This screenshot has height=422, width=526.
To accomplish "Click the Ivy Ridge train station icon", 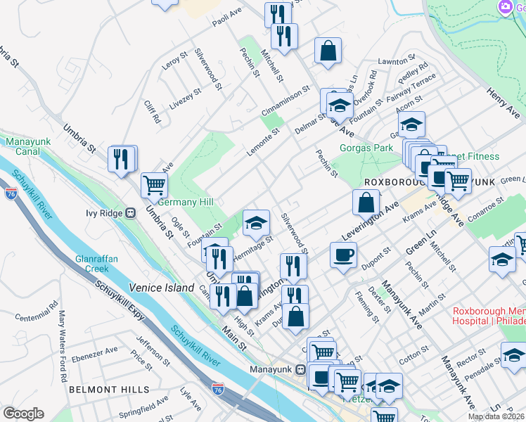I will click(x=130, y=212).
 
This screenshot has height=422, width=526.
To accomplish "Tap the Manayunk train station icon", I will click(x=300, y=369).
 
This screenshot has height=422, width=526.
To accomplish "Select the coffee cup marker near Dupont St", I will click(x=343, y=255).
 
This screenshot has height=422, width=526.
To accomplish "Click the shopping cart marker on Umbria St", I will click(x=155, y=185).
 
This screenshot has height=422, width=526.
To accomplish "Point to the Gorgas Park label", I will click(x=366, y=148).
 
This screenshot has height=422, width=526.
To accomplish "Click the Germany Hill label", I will click(x=185, y=202).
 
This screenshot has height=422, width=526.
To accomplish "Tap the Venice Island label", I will click(x=161, y=288).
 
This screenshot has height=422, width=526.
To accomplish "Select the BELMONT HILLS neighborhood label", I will click(x=108, y=389).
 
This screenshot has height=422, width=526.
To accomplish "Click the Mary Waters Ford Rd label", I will click(x=65, y=339).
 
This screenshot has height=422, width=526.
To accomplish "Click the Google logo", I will click(x=23, y=414).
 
